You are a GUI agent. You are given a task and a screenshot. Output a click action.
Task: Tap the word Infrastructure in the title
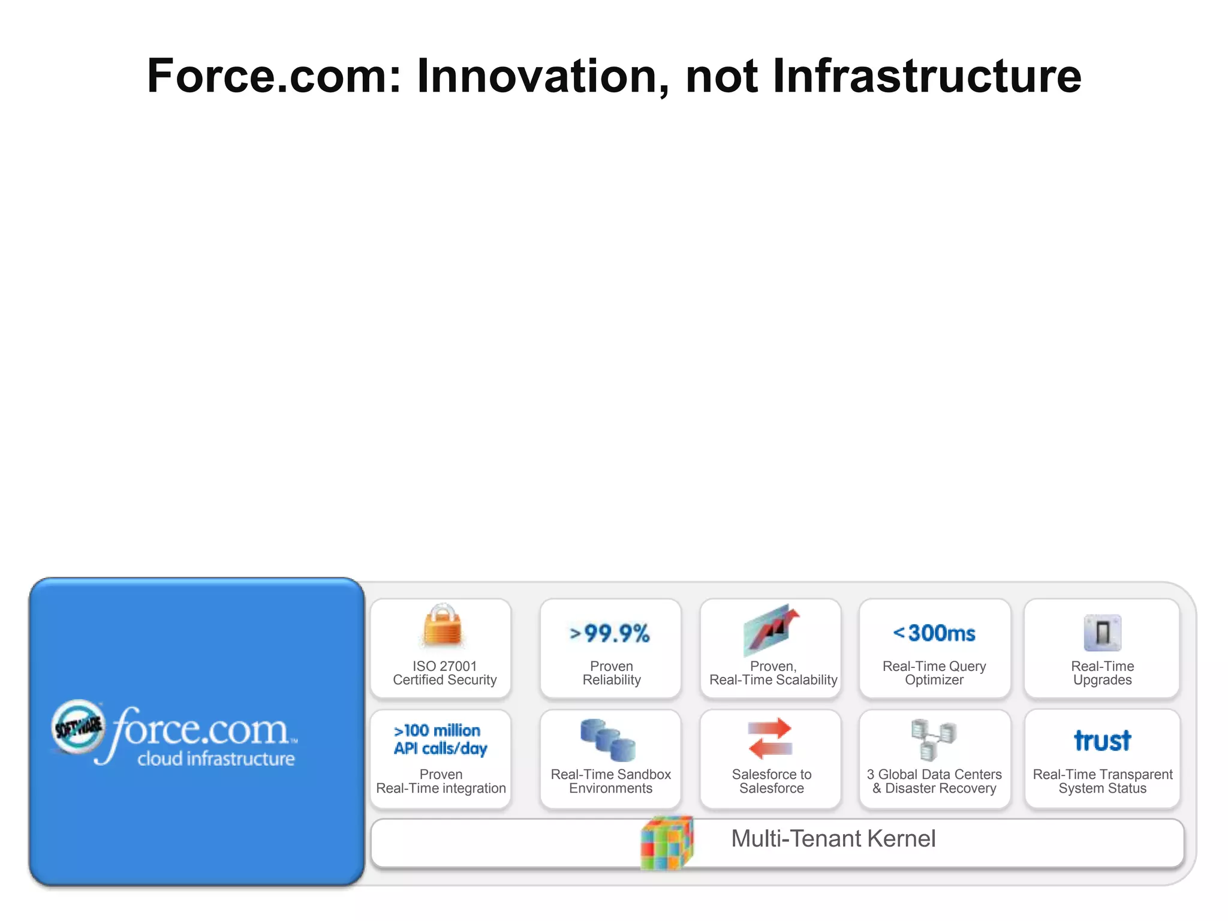(926, 76)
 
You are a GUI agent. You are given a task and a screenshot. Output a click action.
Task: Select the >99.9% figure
(610, 633)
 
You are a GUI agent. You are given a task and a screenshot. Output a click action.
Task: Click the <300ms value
(934, 633)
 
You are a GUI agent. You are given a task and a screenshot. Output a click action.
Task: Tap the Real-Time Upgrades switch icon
(1102, 633)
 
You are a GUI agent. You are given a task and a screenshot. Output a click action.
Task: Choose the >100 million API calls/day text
(440, 739)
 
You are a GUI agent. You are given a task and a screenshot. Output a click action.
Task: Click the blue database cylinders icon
(608, 739)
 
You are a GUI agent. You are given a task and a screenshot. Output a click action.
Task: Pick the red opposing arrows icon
(770, 738)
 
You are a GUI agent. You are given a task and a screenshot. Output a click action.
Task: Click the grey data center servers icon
(934, 739)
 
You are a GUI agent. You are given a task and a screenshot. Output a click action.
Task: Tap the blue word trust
(1102, 741)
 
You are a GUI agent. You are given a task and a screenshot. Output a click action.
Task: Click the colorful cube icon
(667, 842)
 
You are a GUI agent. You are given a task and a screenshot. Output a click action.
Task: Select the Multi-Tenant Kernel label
(833, 838)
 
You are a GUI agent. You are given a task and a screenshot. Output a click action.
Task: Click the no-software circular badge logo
(79, 727)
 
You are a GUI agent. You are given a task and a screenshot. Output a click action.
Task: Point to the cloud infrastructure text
(216, 759)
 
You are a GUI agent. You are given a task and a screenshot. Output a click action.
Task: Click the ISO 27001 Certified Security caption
(444, 673)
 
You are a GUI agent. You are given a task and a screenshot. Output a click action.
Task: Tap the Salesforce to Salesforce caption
(771, 781)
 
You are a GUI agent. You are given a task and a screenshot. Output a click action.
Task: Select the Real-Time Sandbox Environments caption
(610, 781)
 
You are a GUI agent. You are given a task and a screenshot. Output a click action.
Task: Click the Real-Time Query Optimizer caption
(934, 673)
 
